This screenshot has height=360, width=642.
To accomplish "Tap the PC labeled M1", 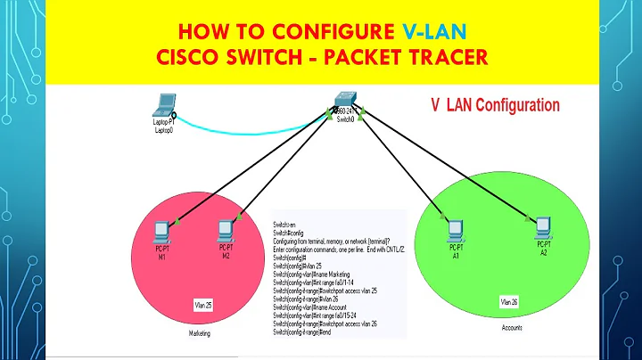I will tap(161, 230).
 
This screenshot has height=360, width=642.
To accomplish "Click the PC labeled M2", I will tap(226, 230).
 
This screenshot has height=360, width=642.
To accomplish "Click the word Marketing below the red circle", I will tap(200, 335).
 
